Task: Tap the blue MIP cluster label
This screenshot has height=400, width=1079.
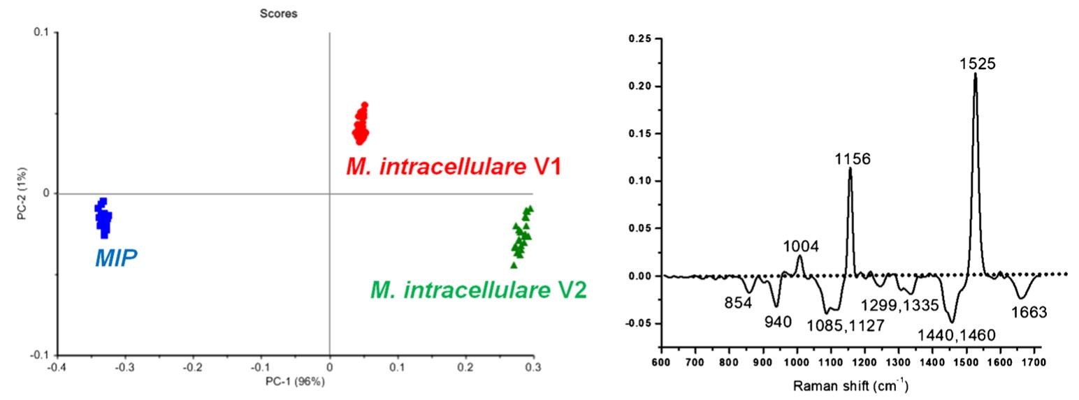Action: [116, 258]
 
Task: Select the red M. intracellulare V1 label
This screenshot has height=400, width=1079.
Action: [454, 167]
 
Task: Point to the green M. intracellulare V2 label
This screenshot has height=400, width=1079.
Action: [478, 289]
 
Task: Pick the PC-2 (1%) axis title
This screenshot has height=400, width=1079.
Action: [23, 193]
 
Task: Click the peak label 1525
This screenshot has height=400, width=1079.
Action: [976, 64]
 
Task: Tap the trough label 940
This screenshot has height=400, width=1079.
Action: [777, 322]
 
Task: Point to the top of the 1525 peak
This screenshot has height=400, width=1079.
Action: [975, 74]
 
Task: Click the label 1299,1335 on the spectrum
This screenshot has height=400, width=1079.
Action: [899, 304]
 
